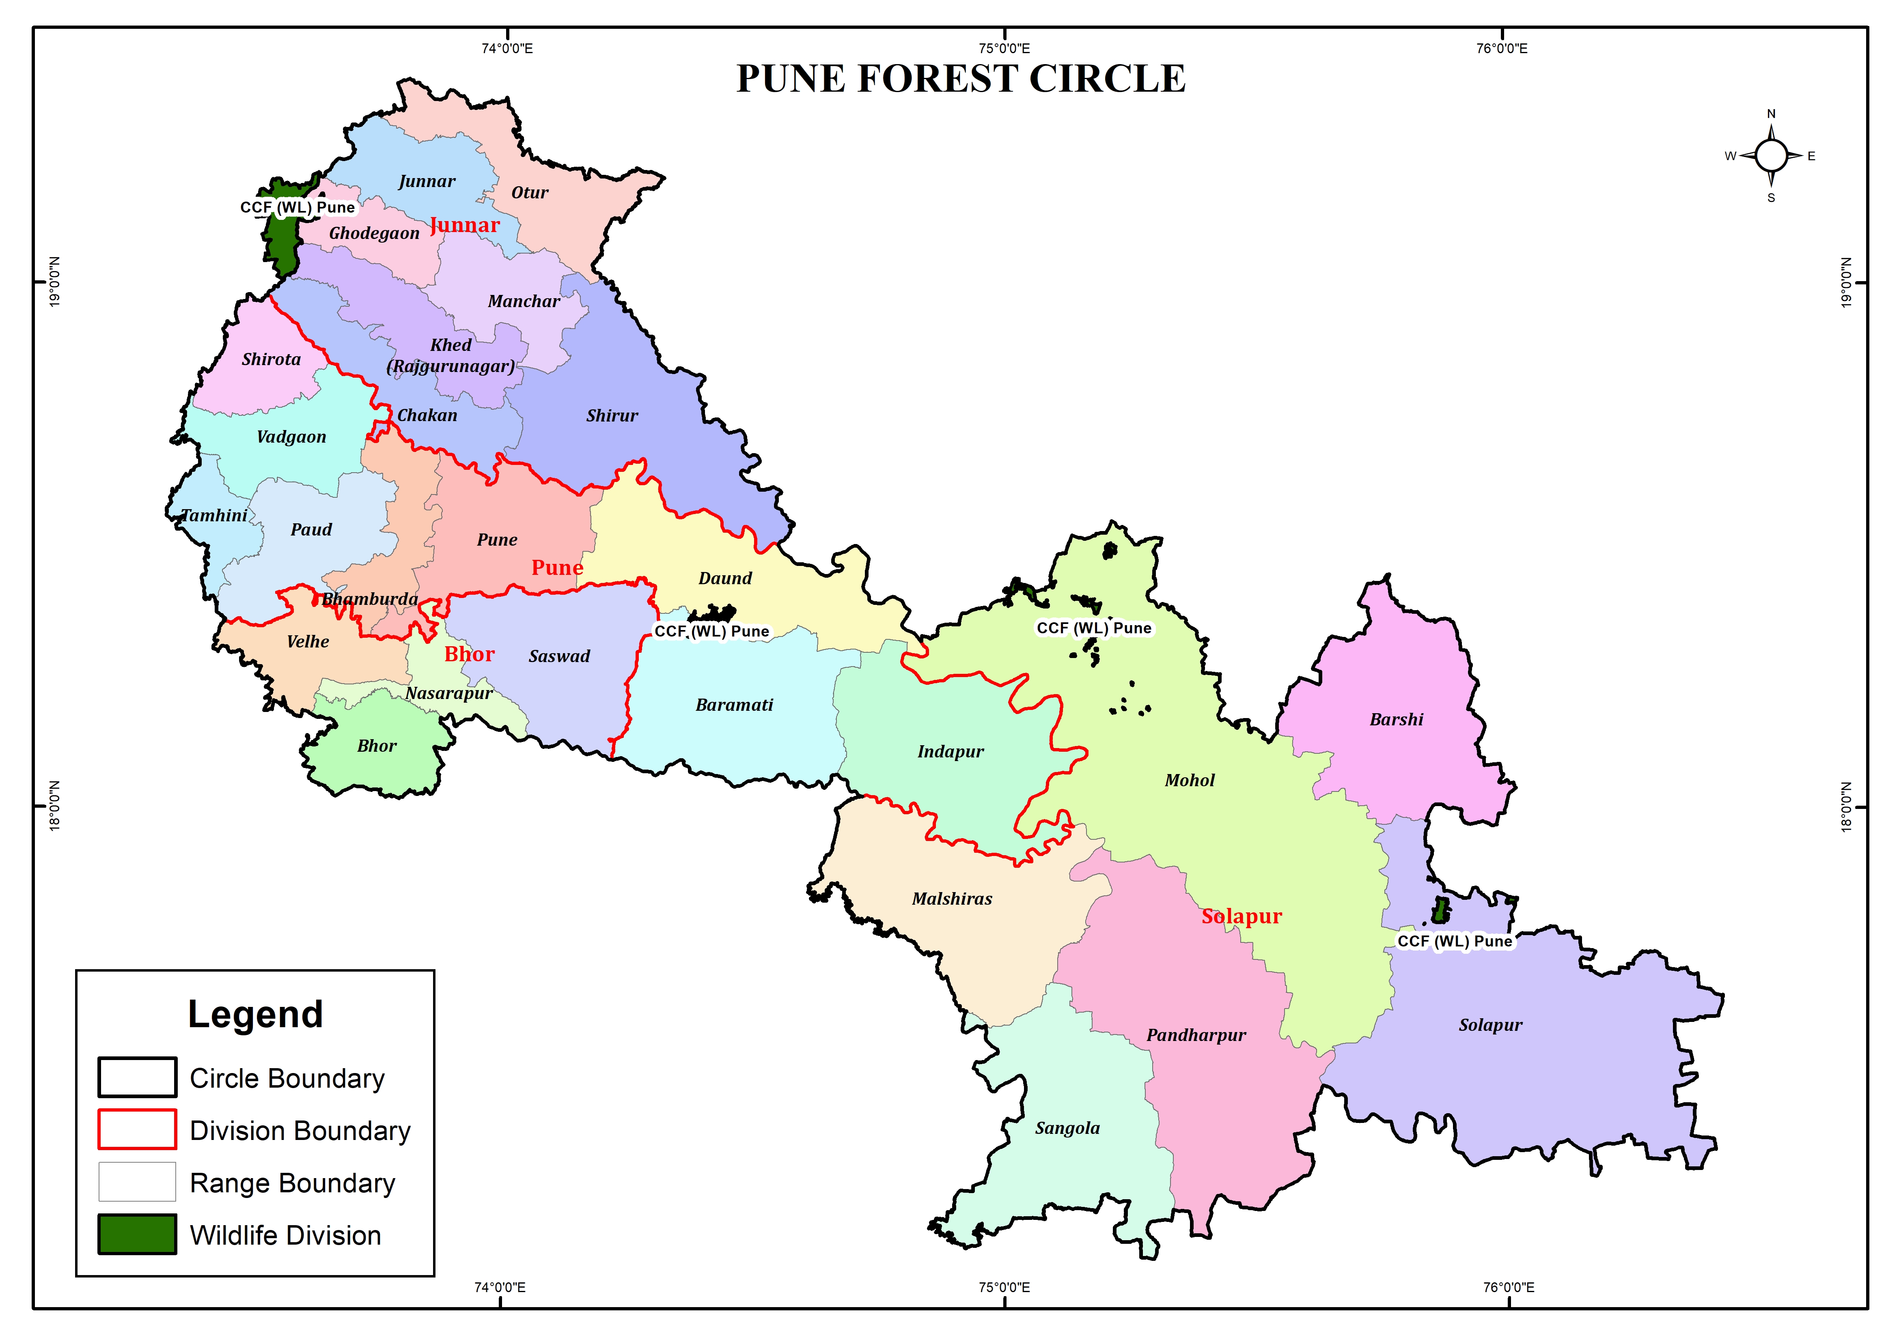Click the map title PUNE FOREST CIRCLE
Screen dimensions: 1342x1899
tap(960, 80)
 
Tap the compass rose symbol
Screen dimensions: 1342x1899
tap(1771, 155)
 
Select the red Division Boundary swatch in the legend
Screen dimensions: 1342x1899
tap(137, 1129)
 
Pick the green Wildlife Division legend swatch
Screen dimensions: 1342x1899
tap(137, 1234)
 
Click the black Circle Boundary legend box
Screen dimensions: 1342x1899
tap(137, 1077)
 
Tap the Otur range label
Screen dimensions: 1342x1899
tap(529, 193)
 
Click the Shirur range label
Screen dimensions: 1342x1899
tap(612, 416)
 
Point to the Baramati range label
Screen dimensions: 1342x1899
tap(734, 705)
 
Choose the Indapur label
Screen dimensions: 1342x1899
tap(951, 752)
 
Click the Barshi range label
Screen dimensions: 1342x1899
tap(1396, 719)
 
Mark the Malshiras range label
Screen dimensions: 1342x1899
tap(952, 899)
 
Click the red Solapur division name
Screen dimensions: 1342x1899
tap(1242, 916)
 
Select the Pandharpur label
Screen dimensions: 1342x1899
tap(1196, 1035)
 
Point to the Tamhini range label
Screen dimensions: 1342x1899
tap(214, 516)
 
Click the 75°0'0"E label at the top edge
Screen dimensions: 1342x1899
tap(1004, 48)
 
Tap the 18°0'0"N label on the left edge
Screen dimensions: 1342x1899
tap(55, 805)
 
